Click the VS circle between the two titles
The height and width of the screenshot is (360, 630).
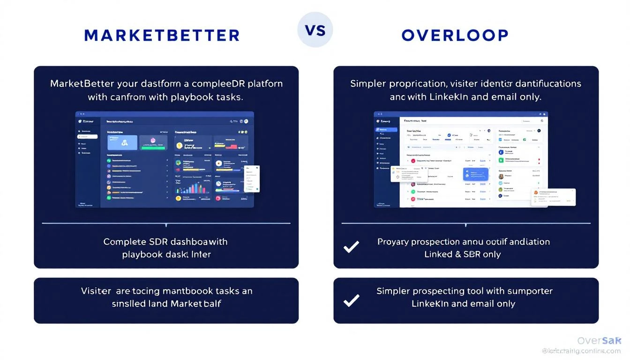[315, 30]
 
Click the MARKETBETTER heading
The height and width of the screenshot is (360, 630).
[162, 35]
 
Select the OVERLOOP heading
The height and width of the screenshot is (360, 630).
[455, 35]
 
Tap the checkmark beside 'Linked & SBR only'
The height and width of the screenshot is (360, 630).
[352, 247]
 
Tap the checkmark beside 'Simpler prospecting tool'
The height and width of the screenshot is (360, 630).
[352, 300]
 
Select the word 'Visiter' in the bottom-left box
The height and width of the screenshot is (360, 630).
[96, 291]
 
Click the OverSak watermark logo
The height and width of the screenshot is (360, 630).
[599, 341]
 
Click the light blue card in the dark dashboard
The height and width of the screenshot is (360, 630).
[122, 142]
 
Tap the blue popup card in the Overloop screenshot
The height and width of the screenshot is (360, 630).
[476, 174]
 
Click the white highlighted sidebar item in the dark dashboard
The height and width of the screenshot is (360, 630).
[88, 137]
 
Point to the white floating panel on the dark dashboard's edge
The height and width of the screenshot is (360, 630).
[252, 178]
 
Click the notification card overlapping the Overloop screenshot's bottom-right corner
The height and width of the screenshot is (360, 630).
[553, 197]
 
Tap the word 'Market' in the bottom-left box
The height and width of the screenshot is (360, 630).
[187, 304]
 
